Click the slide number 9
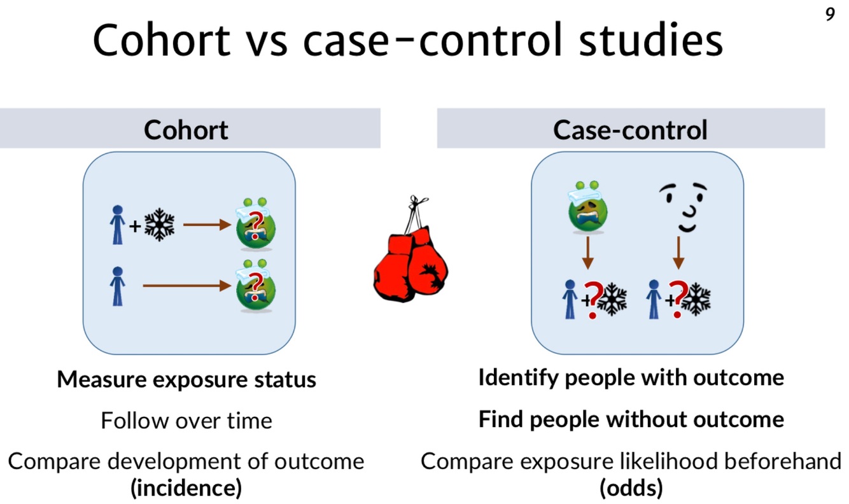[830, 15]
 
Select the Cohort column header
[186, 130]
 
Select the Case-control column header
[630, 130]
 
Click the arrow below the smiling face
[678, 253]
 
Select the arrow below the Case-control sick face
[587, 253]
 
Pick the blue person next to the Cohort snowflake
[117, 225]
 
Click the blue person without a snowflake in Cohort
[117, 286]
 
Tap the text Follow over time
[186, 421]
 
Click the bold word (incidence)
[186, 489]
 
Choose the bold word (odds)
[631, 489]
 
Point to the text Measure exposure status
[186, 380]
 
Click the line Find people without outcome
[631, 420]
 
